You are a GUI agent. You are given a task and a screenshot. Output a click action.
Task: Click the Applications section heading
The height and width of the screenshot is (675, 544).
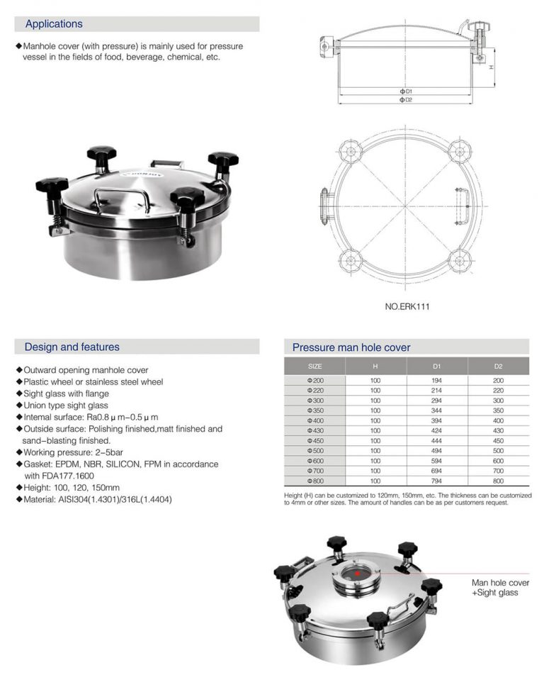coord(54,24)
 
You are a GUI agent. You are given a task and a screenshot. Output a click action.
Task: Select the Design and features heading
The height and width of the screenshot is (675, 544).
coord(72,347)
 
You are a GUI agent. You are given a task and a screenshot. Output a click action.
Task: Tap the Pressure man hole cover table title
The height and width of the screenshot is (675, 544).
coord(351,347)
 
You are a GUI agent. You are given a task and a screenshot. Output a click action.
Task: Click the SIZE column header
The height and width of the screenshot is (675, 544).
coord(314,366)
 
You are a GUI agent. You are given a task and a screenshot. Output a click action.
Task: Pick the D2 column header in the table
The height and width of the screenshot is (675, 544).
coord(498,366)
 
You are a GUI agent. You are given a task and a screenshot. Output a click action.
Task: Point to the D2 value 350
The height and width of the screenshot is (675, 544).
coord(498,410)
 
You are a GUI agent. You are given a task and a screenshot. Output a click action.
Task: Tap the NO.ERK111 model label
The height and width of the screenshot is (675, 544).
coord(407,307)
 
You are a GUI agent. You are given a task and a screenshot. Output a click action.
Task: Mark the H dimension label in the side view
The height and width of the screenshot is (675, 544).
coord(491,67)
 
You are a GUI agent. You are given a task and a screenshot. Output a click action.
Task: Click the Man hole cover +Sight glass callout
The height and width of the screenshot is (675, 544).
coord(500,588)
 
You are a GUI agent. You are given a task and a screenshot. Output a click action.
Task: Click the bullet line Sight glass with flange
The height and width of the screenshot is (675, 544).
coord(67,394)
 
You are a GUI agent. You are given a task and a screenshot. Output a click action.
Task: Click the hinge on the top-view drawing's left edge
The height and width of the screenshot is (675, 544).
coord(325,206)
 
